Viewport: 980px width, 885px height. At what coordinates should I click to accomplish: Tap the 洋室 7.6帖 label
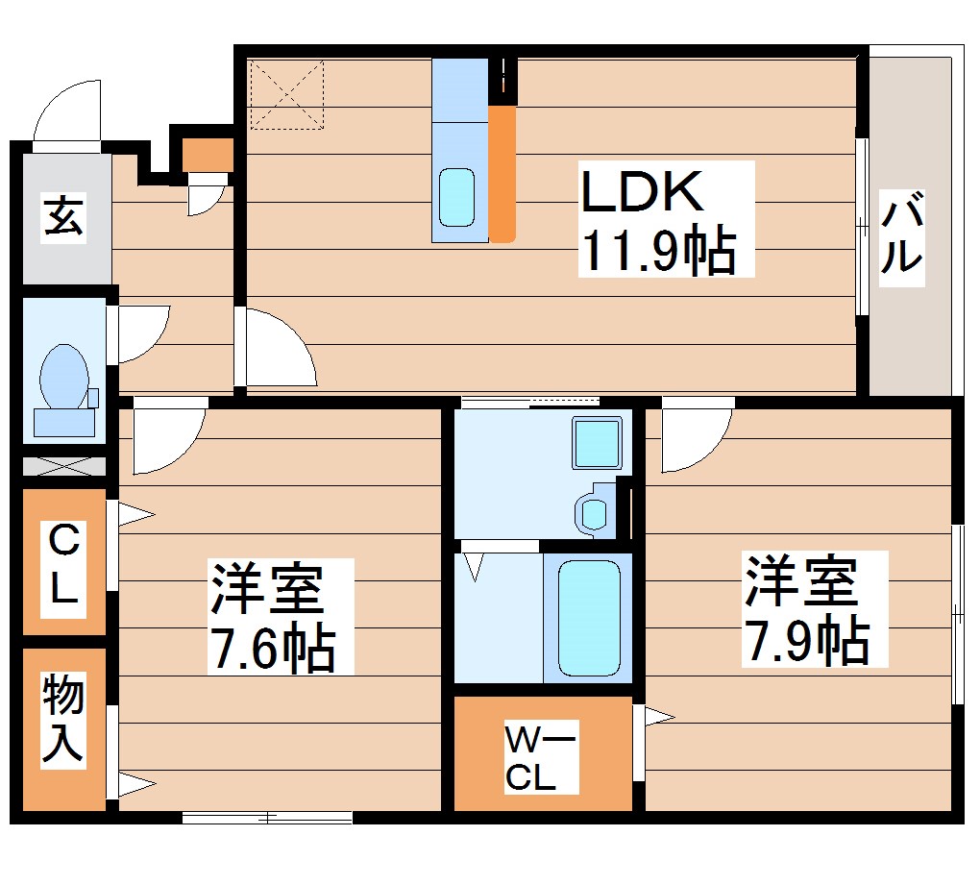click(x=273, y=616)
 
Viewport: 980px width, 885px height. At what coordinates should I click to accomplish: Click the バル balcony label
click(x=901, y=234)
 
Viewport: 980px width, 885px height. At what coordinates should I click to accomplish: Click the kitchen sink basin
click(x=457, y=197)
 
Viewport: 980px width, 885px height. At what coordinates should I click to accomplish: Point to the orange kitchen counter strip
click(x=502, y=173)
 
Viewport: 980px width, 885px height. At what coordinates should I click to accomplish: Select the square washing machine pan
click(x=598, y=443)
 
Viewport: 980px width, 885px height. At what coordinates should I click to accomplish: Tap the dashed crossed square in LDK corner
click(x=285, y=94)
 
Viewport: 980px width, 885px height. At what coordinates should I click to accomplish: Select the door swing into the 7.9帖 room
click(x=694, y=437)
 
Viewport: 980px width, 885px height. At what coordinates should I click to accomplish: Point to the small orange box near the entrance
click(x=206, y=155)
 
